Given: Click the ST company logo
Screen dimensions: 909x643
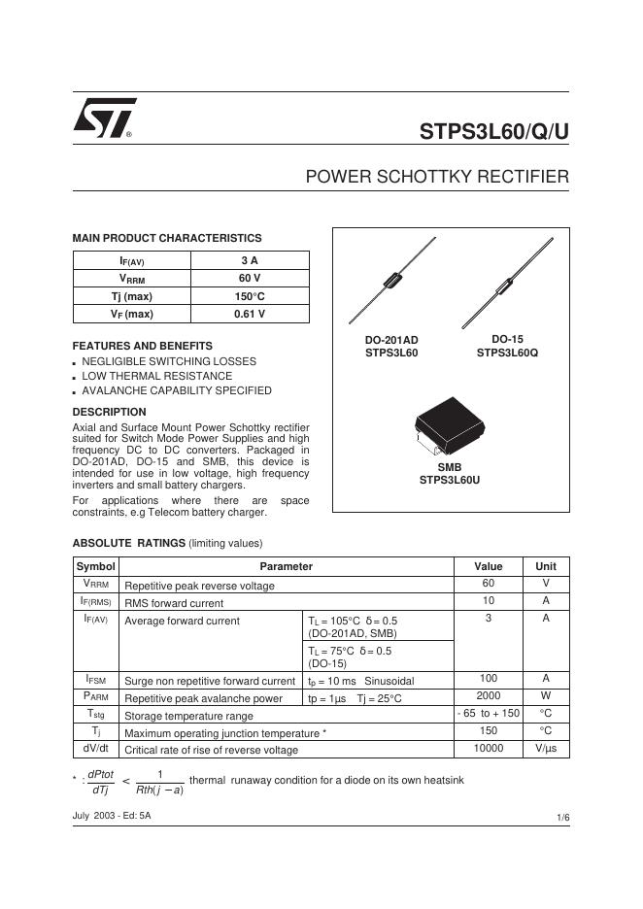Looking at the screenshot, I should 103,118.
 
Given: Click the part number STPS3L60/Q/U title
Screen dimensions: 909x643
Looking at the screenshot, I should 493,132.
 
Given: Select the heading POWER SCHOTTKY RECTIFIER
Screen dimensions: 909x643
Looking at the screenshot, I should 436,177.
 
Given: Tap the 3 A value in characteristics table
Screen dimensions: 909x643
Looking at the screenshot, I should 250,260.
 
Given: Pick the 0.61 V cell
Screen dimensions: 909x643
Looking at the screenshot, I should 250,314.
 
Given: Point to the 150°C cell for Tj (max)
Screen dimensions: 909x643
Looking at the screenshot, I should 250,296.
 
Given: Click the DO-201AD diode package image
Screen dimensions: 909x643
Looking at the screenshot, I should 391,282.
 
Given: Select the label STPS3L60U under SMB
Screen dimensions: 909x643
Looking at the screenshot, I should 450,480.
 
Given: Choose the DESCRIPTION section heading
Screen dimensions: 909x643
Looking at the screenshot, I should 109,412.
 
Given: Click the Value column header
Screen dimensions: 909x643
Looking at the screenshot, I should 488,566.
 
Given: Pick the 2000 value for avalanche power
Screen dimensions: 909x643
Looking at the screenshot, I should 488,696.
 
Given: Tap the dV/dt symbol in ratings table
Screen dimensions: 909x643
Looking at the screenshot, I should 95,749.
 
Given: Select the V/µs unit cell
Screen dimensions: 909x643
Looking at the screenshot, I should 546,749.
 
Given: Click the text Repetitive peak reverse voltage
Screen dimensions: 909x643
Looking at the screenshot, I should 199,586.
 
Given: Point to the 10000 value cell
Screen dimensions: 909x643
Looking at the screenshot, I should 488,749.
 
